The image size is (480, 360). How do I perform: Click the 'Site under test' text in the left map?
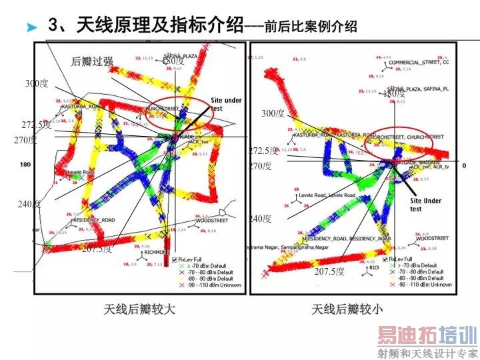tap(226, 104)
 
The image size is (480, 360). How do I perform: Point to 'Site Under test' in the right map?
tap(425, 204)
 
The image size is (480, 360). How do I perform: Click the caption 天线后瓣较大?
tap(139, 309)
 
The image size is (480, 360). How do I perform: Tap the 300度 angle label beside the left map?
tap(37, 83)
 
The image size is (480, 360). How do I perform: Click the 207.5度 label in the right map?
tap(330, 271)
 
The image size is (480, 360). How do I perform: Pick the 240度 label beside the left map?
tap(29, 204)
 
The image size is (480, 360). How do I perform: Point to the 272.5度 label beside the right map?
tap(263, 151)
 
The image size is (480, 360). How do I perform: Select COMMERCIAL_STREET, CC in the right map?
tap(419, 63)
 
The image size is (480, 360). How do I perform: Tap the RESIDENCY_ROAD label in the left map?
tap(93, 219)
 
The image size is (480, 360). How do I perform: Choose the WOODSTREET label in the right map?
tap(433, 238)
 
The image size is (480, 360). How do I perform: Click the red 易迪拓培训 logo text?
tap(427, 336)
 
